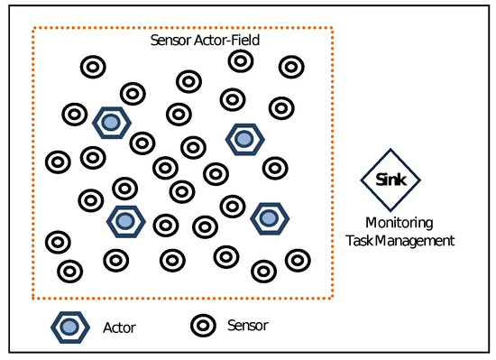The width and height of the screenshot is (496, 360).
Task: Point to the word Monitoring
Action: pos(400,223)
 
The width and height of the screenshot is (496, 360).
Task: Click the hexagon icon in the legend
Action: pos(70,327)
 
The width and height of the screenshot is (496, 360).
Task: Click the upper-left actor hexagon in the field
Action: pos(111,121)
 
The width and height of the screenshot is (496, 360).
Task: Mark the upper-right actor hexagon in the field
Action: pos(243,138)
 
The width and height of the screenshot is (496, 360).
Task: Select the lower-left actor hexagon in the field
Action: pos(125,219)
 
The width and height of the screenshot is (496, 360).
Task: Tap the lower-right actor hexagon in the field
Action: pos(269,217)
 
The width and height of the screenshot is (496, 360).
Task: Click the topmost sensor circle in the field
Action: pos(240,60)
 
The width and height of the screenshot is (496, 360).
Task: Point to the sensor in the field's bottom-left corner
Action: pos(69,270)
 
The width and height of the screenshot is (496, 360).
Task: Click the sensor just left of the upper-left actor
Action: pos(74,115)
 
